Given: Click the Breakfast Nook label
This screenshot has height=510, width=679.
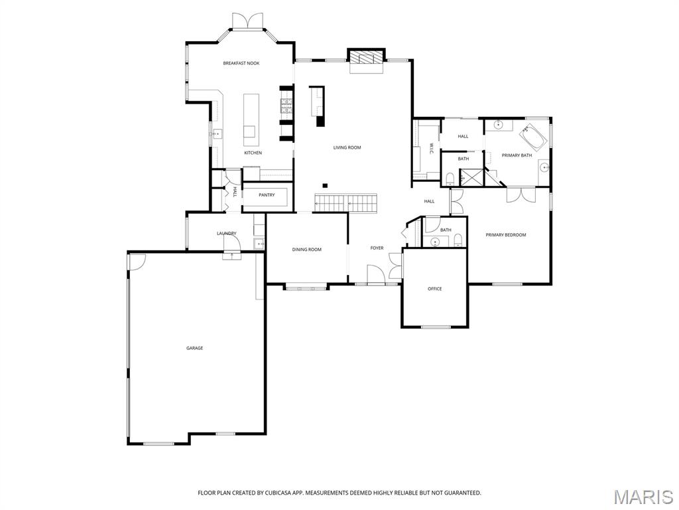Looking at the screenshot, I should pyautogui.click(x=241, y=63).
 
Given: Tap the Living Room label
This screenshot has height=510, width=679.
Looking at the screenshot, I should pyautogui.click(x=347, y=147).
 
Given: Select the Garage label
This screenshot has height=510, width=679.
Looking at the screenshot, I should pyautogui.click(x=194, y=348).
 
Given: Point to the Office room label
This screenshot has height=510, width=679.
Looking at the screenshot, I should pyautogui.click(x=434, y=289).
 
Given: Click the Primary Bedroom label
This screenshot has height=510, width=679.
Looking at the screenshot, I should pyautogui.click(x=505, y=235).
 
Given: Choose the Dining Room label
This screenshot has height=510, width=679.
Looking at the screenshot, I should pyautogui.click(x=306, y=250).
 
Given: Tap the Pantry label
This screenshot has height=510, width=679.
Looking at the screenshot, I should pyautogui.click(x=267, y=195).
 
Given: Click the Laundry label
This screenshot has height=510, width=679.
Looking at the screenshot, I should pyautogui.click(x=226, y=234).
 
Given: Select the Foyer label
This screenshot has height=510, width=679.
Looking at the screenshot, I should pyautogui.click(x=377, y=248).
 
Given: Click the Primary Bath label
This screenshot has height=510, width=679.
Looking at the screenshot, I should pyautogui.click(x=517, y=155).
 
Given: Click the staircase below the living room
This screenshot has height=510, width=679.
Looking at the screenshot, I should pyautogui.click(x=345, y=203).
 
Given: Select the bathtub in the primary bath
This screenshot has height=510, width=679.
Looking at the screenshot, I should pyautogui.click(x=533, y=137).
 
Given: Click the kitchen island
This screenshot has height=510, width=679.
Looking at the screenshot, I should pyautogui.click(x=250, y=120).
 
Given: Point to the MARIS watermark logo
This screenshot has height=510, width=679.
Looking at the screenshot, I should pyautogui.click(x=643, y=497).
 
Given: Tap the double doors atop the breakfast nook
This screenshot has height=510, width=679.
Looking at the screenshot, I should pyautogui.click(x=247, y=22).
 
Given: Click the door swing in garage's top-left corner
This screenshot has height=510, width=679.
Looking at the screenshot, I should pyautogui.click(x=137, y=261).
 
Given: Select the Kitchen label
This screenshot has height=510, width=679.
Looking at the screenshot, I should pyautogui.click(x=253, y=153).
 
